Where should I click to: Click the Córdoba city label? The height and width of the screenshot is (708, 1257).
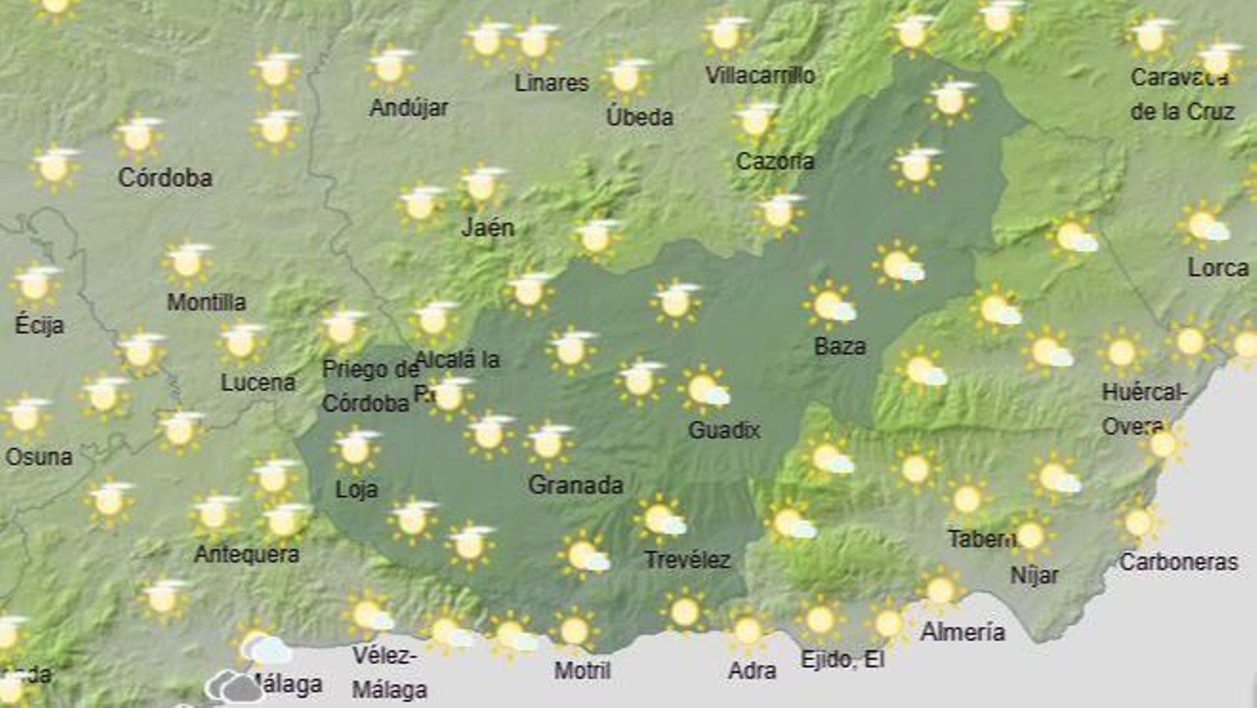(x=165, y=178)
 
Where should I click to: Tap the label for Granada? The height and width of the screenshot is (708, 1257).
(x=575, y=484)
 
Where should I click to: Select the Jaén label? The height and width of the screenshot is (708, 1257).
(x=487, y=228)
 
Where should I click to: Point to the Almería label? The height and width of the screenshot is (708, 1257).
(x=962, y=631)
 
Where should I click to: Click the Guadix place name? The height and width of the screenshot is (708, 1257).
(x=724, y=430)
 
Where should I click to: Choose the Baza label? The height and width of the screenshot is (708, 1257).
(x=840, y=346)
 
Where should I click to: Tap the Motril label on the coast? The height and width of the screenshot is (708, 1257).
(x=582, y=670)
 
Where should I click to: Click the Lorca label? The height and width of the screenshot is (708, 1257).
(x=1218, y=268)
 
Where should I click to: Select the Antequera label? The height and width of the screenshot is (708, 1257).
(x=247, y=554)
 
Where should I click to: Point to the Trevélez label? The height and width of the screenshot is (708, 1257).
(x=687, y=559)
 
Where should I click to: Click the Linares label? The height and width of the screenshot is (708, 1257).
(x=552, y=83)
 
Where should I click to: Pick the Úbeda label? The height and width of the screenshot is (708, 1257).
(x=639, y=117)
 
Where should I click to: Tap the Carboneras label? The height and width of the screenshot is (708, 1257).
(x=1178, y=562)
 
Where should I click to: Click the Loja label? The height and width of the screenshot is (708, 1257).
(x=357, y=490)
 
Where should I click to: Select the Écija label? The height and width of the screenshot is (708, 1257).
(x=39, y=325)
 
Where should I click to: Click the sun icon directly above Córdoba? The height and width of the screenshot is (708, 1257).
(x=138, y=135)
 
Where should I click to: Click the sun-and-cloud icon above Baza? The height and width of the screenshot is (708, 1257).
(x=830, y=305)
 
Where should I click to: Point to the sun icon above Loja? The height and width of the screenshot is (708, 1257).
(x=355, y=448)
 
